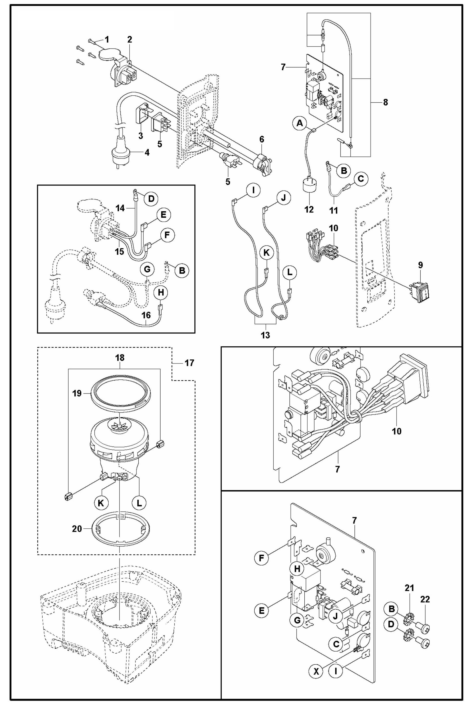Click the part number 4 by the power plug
pos(147,153)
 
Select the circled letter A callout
pos(299,123)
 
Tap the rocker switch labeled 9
pos(421,292)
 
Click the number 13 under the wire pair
pos(265,335)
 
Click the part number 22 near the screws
pos(425,599)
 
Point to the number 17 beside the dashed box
pos(189,363)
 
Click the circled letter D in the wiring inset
pos(151,199)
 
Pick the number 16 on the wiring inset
pos(146,315)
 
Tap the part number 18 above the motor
pos(120,358)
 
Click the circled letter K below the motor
pos(101,503)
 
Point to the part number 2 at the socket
pos(130,39)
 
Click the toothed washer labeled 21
pos(410,615)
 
